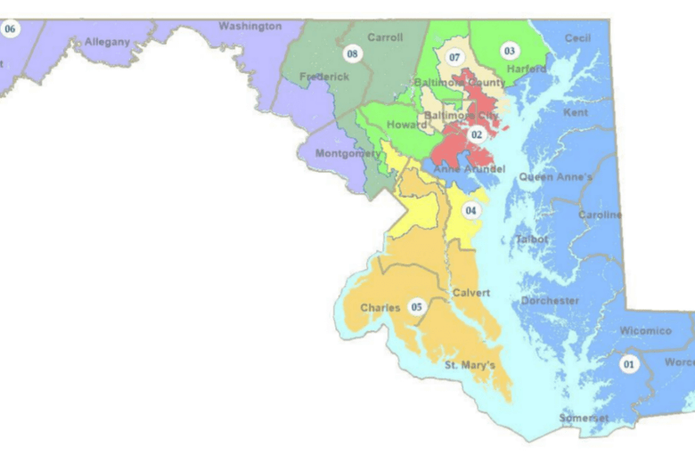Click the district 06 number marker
(11, 29)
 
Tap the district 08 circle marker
(353, 54)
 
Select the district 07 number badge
(454, 58)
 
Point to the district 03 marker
(510, 51)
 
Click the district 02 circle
(477, 134)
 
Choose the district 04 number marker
(470, 211)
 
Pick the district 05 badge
(415, 307)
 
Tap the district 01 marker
(630, 364)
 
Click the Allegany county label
(107, 42)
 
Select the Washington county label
(249, 27)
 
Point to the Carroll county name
(385, 38)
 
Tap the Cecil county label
(577, 38)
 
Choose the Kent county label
(576, 113)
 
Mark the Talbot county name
(532, 240)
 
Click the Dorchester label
(550, 301)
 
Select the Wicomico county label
(645, 331)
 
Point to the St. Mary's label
(470, 365)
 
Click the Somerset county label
(584, 418)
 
